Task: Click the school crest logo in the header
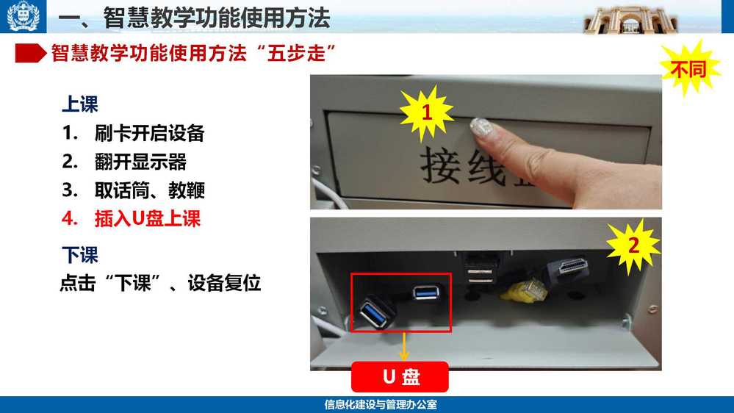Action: point(23,16)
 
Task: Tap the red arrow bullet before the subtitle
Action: point(30,54)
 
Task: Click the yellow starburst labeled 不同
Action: point(689,69)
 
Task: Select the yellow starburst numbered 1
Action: point(426,112)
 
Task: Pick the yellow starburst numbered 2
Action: point(633,245)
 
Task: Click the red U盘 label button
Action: point(400,376)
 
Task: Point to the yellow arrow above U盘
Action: point(403,347)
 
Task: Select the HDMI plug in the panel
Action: point(567,268)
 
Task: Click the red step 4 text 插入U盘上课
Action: point(148,219)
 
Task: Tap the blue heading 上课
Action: point(80,104)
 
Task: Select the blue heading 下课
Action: point(80,255)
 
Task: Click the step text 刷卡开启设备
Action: point(150,134)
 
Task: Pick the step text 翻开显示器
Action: point(140,162)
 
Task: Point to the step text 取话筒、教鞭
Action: point(150,190)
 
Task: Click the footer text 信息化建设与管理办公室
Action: point(381,405)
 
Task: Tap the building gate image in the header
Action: point(630,20)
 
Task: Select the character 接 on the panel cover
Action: point(440,165)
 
